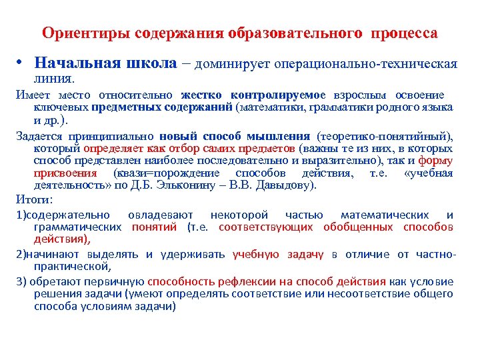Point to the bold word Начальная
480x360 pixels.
point(77,63)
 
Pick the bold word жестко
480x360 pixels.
point(196,95)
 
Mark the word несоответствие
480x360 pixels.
point(378,293)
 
